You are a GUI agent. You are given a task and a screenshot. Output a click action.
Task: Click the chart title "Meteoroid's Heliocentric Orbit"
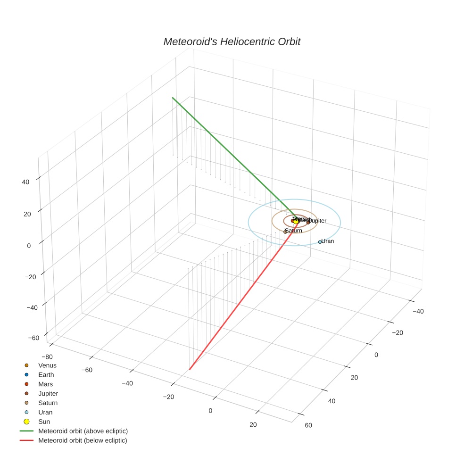[x=232, y=41]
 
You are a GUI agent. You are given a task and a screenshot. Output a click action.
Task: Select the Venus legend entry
[x=47, y=365]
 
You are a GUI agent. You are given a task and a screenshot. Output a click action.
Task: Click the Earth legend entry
[x=46, y=374]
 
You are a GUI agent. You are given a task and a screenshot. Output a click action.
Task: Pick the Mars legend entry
[x=45, y=384]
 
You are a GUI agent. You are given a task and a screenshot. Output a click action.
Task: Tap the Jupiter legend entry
[x=48, y=393]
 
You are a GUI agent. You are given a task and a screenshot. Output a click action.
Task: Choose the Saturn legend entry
[x=48, y=403]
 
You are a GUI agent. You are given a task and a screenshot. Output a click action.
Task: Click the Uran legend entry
[x=45, y=412]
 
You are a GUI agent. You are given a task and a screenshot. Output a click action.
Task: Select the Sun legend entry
[x=44, y=422]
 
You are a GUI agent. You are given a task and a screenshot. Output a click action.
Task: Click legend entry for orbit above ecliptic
[x=83, y=431]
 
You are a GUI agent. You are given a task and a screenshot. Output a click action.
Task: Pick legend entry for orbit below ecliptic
[x=83, y=440]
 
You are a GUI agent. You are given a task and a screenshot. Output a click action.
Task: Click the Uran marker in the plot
[x=320, y=242]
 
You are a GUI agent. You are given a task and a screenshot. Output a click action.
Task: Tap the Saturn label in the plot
[x=294, y=231]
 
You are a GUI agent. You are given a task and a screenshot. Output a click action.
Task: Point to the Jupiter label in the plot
[x=317, y=221]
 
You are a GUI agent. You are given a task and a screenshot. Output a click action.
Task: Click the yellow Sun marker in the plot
[x=296, y=221]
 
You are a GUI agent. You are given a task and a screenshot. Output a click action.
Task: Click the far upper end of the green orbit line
[x=173, y=98]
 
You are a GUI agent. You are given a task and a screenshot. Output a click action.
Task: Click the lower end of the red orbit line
[x=190, y=369]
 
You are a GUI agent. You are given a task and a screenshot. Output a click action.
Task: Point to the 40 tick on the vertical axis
[x=26, y=182]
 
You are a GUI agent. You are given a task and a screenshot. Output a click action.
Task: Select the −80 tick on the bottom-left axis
[x=47, y=356]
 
